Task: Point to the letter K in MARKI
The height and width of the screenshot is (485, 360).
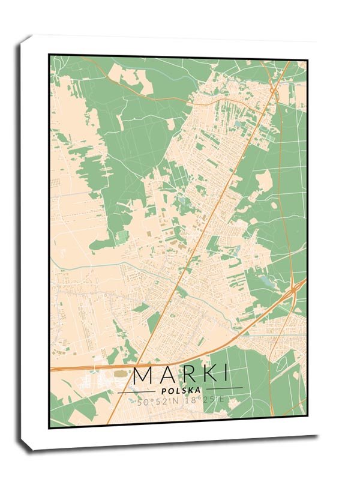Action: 209,375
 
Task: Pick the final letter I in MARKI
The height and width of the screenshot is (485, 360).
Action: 225,375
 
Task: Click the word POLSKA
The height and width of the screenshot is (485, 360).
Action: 179,390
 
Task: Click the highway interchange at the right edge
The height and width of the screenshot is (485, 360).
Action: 294,290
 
